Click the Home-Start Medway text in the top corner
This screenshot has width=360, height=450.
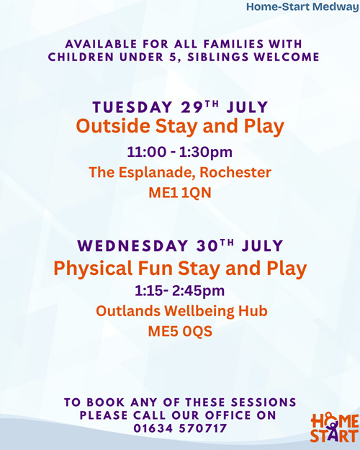pyautogui.click(x=302, y=7)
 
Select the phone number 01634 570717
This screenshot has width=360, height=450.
pyautogui.click(x=180, y=428)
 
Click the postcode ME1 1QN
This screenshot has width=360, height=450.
pyautogui.click(x=180, y=192)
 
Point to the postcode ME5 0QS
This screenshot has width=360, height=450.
pyautogui.click(x=180, y=331)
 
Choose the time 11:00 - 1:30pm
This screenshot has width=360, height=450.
pyautogui.click(x=180, y=152)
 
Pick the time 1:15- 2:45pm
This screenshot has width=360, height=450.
pyautogui.click(x=180, y=291)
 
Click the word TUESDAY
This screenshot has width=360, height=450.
pyautogui.click(x=132, y=107)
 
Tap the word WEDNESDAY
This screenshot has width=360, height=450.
pyautogui.click(x=132, y=246)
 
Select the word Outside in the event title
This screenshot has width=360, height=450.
pyautogui.click(x=113, y=126)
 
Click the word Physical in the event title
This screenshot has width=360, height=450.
pyautogui.click(x=93, y=269)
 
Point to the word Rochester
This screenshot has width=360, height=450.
pyautogui.click(x=235, y=172)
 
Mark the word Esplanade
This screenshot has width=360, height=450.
pyautogui.click(x=157, y=173)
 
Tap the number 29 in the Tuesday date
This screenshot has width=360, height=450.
pyautogui.click(x=192, y=107)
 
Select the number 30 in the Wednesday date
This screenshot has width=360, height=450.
pyautogui.click(x=208, y=246)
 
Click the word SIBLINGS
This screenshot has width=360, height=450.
pyautogui.click(x=218, y=57)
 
